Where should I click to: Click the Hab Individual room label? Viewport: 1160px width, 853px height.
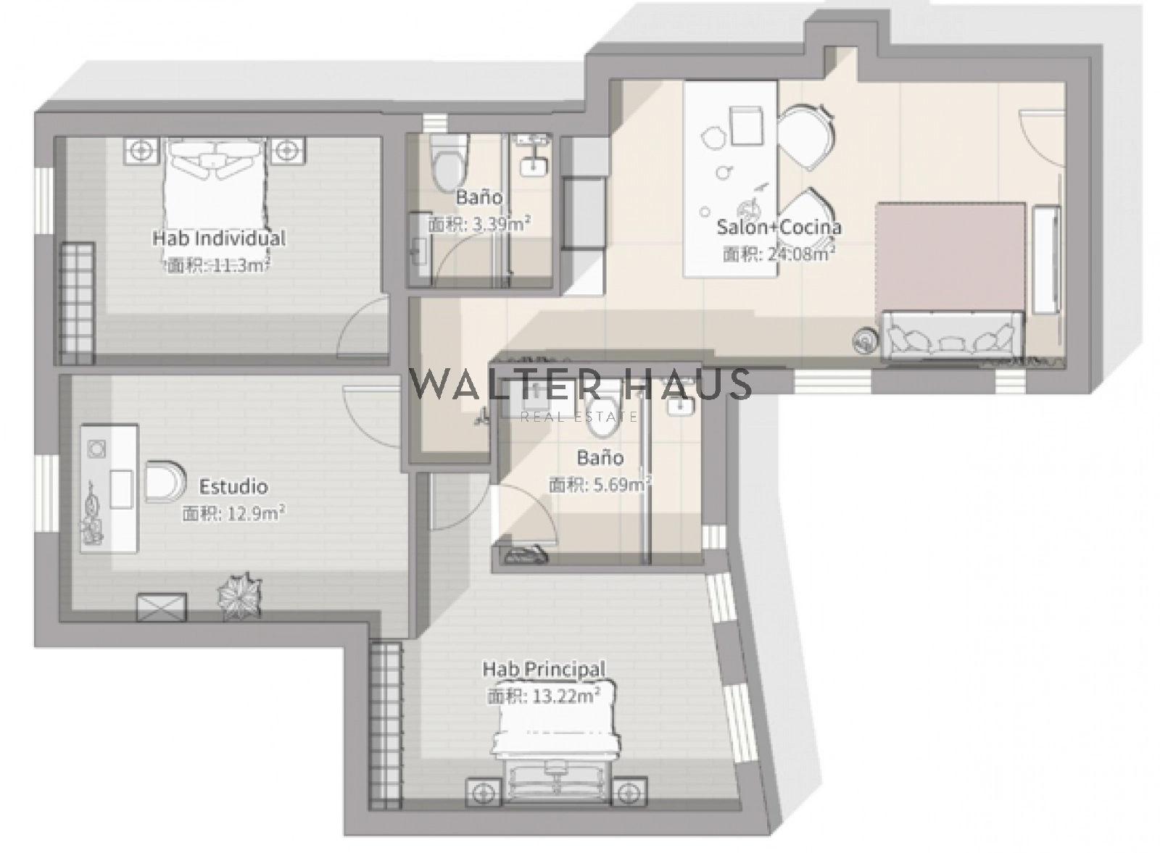219,238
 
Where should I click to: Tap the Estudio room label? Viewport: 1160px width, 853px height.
233,486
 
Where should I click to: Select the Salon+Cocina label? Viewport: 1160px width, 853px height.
779,227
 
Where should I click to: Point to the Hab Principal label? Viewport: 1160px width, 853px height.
544,669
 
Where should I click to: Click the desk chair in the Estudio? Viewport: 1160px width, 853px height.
165,480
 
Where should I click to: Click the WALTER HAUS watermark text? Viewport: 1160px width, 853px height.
580,383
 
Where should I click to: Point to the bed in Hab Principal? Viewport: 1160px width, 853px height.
557,745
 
